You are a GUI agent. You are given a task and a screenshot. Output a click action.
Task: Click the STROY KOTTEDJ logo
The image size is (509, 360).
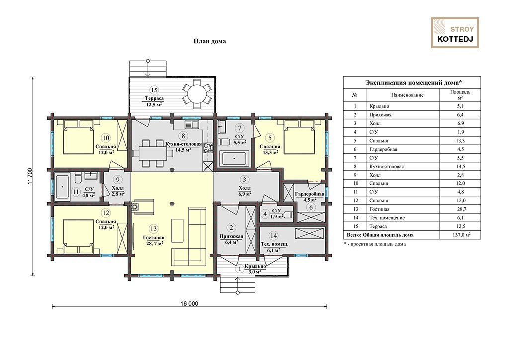455,33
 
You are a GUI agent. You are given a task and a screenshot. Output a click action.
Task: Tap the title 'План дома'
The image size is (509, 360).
210,41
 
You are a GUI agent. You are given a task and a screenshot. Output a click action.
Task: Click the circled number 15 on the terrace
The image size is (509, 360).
154,90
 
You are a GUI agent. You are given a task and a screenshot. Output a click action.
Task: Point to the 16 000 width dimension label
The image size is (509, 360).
189,304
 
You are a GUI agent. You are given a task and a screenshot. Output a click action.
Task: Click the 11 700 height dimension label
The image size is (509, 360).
30,176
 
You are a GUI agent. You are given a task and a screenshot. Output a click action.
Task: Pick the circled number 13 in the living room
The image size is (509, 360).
153,229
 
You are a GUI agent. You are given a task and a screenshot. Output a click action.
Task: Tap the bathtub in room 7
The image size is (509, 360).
234,159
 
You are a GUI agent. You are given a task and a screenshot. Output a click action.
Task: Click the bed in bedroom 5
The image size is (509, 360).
299,137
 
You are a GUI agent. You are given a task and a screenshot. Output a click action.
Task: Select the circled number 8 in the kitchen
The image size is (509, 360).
183,136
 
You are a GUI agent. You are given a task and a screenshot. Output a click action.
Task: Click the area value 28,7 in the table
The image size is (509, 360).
460,209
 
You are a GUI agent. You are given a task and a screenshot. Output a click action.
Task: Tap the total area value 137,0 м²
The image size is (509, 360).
461,235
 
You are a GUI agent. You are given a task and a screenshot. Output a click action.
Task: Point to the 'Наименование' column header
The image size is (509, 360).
407,95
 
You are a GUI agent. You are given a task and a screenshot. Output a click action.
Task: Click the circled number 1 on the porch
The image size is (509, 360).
240,269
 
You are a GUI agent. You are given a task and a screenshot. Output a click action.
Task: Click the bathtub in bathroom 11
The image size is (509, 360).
62,187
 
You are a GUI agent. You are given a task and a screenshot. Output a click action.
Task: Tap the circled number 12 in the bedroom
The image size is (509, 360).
106,213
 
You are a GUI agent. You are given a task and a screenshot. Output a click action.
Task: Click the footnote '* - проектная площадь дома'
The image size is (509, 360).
375,244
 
